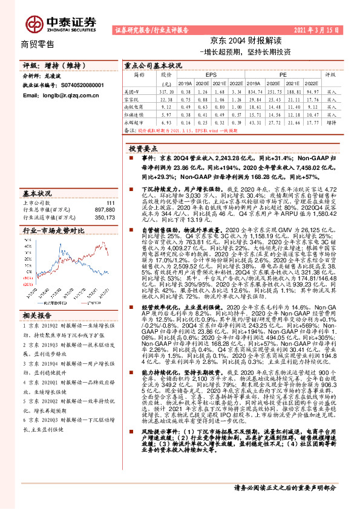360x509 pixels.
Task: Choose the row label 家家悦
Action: (x=139, y=99)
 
